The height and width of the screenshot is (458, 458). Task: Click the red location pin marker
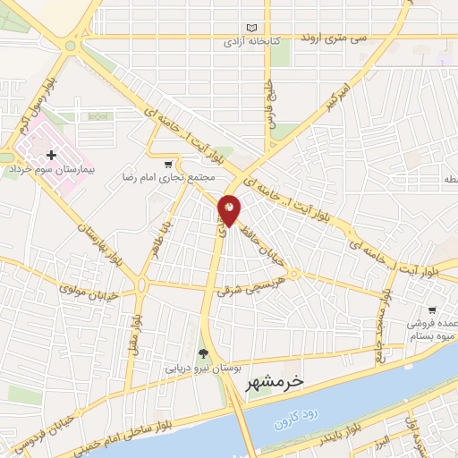click(230, 209)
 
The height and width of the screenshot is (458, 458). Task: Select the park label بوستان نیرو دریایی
click(196, 367)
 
